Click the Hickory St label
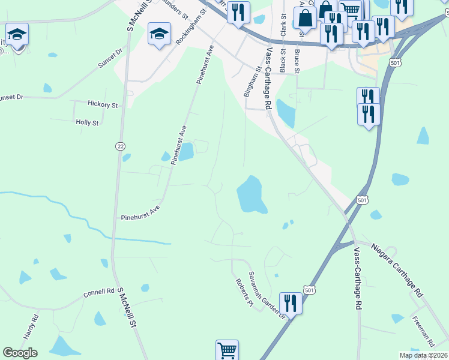(103, 104)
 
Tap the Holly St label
(87, 122)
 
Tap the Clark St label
(275, 25)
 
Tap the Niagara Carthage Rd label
(397, 271)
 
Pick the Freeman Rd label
(423, 329)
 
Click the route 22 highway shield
(121, 146)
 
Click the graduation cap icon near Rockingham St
(159, 34)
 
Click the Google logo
(20, 353)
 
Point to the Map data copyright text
(423, 355)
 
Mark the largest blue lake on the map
(252, 195)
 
